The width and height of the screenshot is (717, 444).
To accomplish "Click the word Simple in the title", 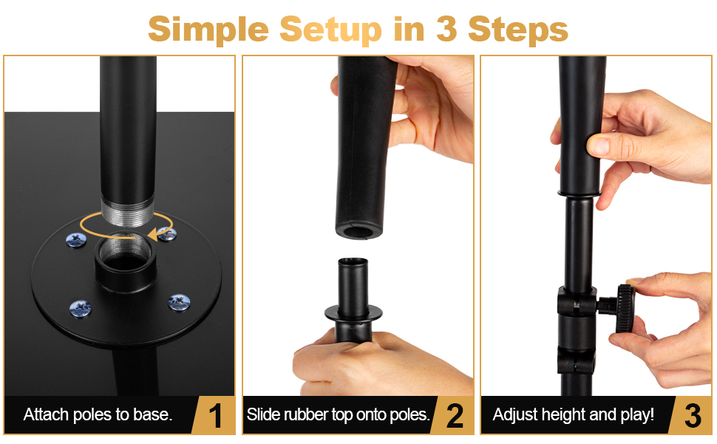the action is tap(208, 30).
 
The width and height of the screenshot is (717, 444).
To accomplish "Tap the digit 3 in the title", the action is tap(446, 28).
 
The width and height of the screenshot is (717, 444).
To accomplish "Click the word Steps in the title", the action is tap(518, 30).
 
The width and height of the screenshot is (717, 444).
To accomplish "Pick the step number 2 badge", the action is tap(454, 416).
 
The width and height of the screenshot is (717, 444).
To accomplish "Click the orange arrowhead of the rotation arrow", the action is tap(155, 233).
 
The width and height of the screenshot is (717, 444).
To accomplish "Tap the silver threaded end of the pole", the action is tap(128, 212).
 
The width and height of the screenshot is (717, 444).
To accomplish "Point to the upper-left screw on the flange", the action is tap(76, 240).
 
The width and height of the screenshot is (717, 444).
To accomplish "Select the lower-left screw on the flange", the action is tap(81, 309).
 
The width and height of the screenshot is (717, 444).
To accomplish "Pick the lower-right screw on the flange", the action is tap(179, 302).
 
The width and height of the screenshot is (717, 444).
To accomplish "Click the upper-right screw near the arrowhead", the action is tap(167, 234).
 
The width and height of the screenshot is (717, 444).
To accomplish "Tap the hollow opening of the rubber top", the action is tap(358, 232).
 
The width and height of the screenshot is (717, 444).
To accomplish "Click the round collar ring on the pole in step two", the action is tap(353, 314).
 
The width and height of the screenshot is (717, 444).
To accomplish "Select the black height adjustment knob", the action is tap(625, 308).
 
